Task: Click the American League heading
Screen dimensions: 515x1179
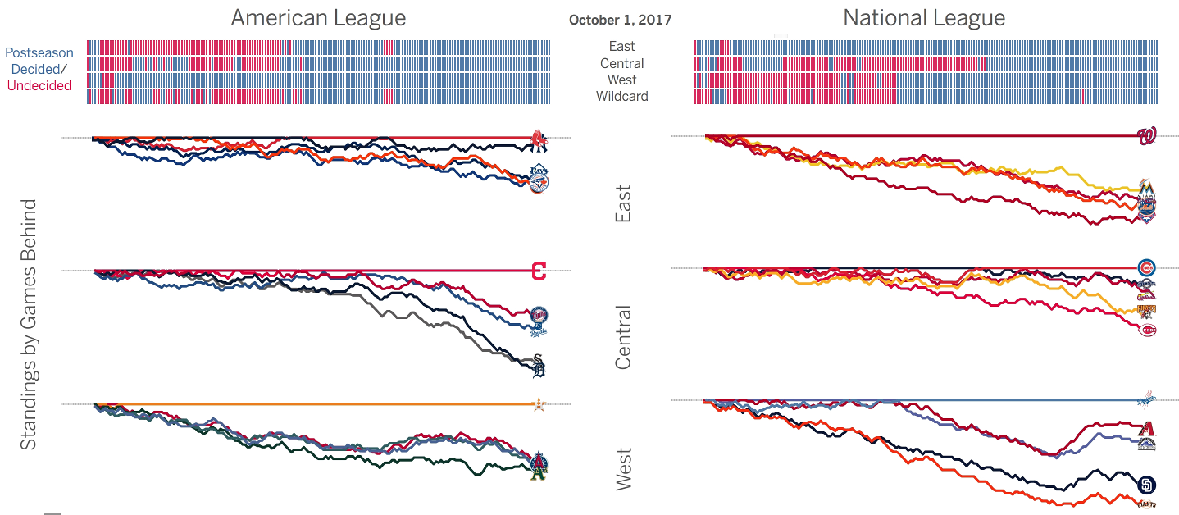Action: [x=318, y=18]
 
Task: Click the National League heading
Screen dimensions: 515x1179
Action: [x=924, y=18]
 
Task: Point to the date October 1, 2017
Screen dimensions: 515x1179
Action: [x=620, y=20]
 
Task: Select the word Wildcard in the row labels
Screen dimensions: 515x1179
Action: [x=621, y=96]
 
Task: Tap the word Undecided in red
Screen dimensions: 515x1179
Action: [x=39, y=85]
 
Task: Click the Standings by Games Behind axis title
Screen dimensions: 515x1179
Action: [x=29, y=324]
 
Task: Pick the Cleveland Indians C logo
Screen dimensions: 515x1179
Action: [x=539, y=271]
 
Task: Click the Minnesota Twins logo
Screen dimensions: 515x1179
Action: [x=539, y=314]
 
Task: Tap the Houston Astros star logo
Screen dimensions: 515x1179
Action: [x=539, y=403]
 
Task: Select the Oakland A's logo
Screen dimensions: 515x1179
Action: [x=538, y=472]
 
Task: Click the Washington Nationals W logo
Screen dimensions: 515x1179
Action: [x=1146, y=136]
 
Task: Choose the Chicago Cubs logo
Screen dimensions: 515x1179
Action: [x=1146, y=267]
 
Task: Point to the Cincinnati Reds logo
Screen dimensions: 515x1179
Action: [x=1147, y=330]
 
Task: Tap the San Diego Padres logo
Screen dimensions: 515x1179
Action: [x=1146, y=485]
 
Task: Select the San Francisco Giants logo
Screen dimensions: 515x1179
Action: [x=1146, y=503]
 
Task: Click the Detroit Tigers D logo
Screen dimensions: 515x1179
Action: [x=538, y=371]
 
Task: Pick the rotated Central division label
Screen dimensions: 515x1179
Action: [x=623, y=337]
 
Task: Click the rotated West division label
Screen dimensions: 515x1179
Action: [x=623, y=469]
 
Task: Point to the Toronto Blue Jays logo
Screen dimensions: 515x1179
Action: [x=538, y=184]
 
